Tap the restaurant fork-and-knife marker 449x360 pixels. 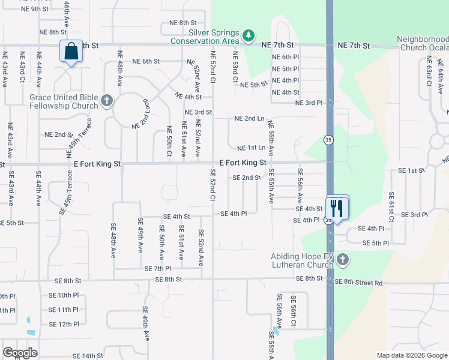click(x=337, y=208)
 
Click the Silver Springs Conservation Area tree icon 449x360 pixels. click(x=249, y=36)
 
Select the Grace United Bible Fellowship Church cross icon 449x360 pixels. click(x=107, y=100)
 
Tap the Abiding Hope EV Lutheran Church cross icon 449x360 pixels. click(x=342, y=260)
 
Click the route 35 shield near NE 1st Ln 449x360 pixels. click(x=328, y=140)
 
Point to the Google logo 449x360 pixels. click(x=20, y=352)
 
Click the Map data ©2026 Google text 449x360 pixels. click(x=411, y=355)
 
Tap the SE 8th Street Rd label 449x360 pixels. click(x=358, y=282)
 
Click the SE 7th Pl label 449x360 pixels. click(x=158, y=268)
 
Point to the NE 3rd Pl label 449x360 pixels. click(x=309, y=103)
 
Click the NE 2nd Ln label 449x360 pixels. click(x=250, y=118)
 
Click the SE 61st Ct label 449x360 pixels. click(x=391, y=206)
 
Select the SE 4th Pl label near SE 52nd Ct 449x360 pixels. click(x=234, y=214)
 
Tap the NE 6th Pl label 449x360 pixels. click(x=285, y=57)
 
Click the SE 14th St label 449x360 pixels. click(x=88, y=356)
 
